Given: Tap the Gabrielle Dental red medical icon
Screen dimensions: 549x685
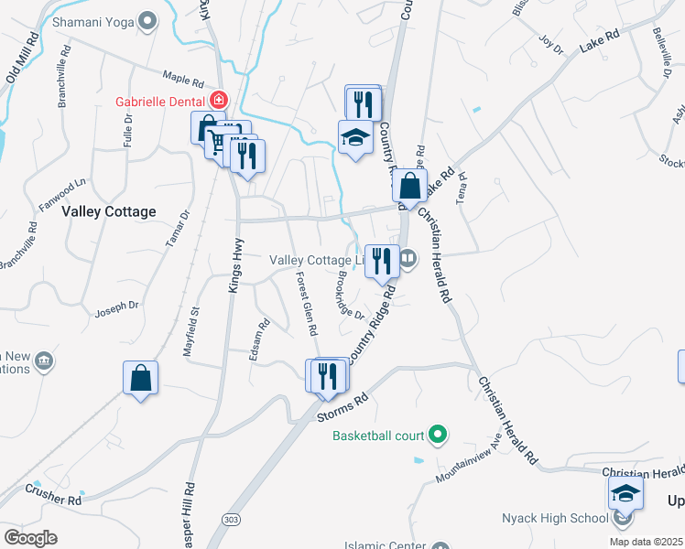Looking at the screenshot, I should click(x=218, y=100).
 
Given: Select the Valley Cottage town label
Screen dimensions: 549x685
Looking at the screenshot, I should click(x=109, y=211).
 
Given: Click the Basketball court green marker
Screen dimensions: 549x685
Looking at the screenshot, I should click(x=438, y=434).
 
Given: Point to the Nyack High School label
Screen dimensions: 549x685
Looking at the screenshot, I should click(x=555, y=518).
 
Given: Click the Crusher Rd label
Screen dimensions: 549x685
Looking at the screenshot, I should click(x=53, y=500).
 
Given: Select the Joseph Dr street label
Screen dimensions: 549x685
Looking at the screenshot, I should click(x=117, y=309).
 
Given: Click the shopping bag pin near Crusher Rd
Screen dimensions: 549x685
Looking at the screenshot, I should click(x=141, y=379).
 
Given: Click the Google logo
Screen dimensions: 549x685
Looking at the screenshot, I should click(x=30, y=538).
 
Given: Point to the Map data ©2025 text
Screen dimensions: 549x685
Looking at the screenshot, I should click(x=646, y=542).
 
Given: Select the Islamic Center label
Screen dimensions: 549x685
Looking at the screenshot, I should click(x=384, y=545).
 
